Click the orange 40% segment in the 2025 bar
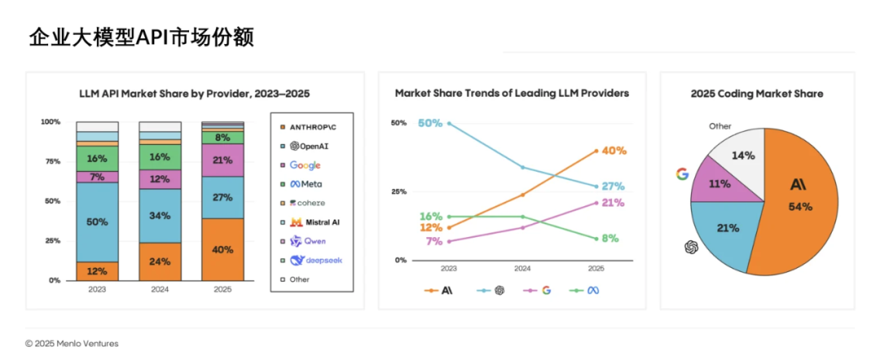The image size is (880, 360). (222, 249)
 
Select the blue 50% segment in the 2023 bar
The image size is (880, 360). (97, 222)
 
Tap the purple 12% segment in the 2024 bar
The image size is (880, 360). (160, 179)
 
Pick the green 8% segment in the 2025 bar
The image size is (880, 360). (222, 137)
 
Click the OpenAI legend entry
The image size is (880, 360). (309, 146)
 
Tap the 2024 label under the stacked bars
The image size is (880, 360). (160, 289)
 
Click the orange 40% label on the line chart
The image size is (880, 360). (614, 151)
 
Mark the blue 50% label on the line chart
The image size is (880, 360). (429, 123)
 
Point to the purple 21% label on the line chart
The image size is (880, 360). (614, 202)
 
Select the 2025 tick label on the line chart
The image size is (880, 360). (596, 268)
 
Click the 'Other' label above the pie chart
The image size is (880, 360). (719, 126)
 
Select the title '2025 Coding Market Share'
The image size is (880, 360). (756, 94)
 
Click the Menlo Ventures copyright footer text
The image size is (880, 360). (72, 344)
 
